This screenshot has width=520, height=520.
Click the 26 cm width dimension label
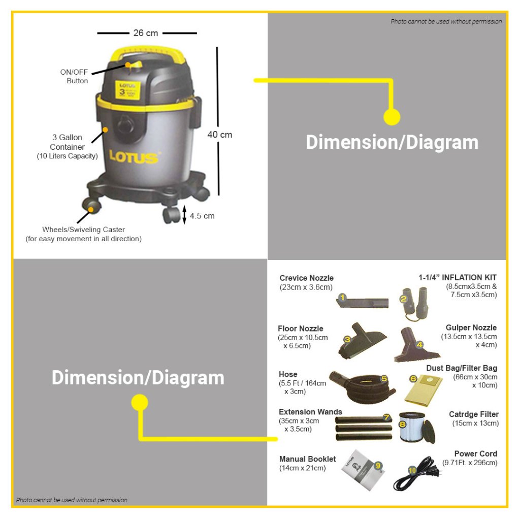point(146,33)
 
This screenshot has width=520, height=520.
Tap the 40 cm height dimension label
point(219,135)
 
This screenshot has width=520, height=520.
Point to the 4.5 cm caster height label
point(202,216)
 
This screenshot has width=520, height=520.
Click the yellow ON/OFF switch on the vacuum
point(134,65)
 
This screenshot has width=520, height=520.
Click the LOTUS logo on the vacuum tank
point(134,157)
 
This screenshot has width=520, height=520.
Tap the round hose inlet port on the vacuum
point(125,125)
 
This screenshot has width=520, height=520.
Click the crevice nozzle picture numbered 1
point(363,302)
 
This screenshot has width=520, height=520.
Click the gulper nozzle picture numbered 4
point(416,345)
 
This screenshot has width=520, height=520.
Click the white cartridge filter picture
point(416,428)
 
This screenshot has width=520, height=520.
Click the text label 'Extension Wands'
point(310,412)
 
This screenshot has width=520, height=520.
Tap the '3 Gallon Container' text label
point(67,142)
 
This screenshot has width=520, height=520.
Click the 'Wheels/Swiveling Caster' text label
point(84,230)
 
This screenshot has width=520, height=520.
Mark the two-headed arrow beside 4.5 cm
point(184,215)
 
